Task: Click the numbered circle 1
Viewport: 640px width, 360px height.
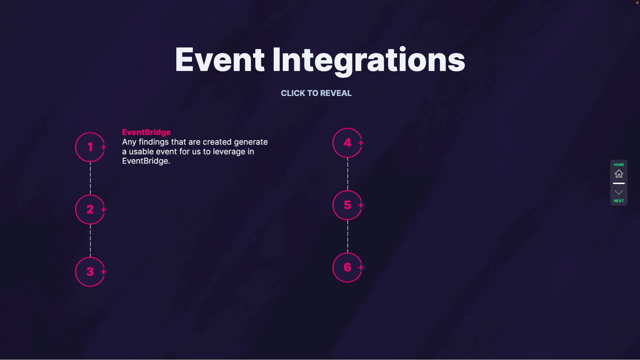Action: click(90, 147)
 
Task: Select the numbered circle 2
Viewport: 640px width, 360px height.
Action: click(90, 209)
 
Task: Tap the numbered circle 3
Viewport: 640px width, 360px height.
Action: click(90, 272)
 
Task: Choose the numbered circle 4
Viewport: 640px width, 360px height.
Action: click(347, 143)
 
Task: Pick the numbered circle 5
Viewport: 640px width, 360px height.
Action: click(347, 205)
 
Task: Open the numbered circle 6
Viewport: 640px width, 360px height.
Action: click(347, 267)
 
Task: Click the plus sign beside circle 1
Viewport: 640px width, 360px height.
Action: click(104, 147)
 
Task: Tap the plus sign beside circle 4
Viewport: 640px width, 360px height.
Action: click(361, 143)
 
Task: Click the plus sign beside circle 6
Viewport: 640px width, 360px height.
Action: click(361, 267)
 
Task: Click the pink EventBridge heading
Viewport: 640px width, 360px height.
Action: click(146, 132)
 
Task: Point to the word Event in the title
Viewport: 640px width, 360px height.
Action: click(220, 60)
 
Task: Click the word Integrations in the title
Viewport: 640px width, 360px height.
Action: click(369, 61)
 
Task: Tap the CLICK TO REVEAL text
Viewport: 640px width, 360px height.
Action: click(316, 93)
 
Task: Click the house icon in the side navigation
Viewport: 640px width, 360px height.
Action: click(619, 174)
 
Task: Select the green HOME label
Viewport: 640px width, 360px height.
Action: click(619, 165)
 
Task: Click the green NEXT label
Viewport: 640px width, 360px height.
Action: click(619, 201)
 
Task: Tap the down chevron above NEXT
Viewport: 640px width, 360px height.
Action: click(619, 192)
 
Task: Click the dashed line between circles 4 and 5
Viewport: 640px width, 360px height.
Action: click(348, 174)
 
